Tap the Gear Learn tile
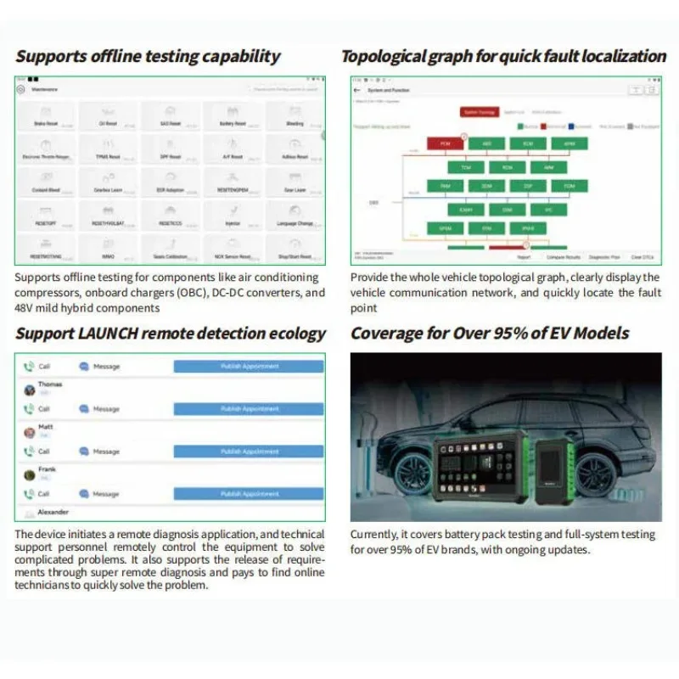[x=294, y=184]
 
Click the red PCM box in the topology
[x=444, y=143]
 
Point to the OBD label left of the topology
[x=373, y=203]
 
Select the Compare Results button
[x=564, y=256]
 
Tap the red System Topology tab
[x=478, y=111]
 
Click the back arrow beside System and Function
[x=357, y=90]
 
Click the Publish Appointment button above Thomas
[x=249, y=367]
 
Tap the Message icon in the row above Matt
[x=84, y=409]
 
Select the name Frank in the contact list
[x=48, y=469]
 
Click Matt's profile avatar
[x=30, y=432]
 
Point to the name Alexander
[x=53, y=512]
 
